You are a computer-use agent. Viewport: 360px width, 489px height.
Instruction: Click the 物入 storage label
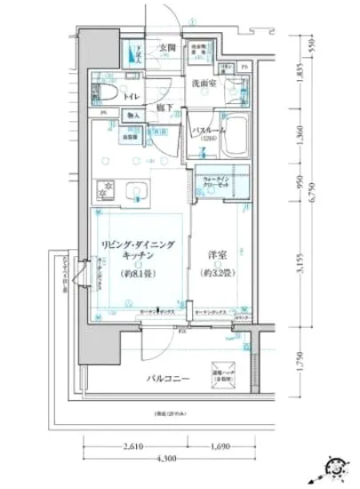tap(132, 114)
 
